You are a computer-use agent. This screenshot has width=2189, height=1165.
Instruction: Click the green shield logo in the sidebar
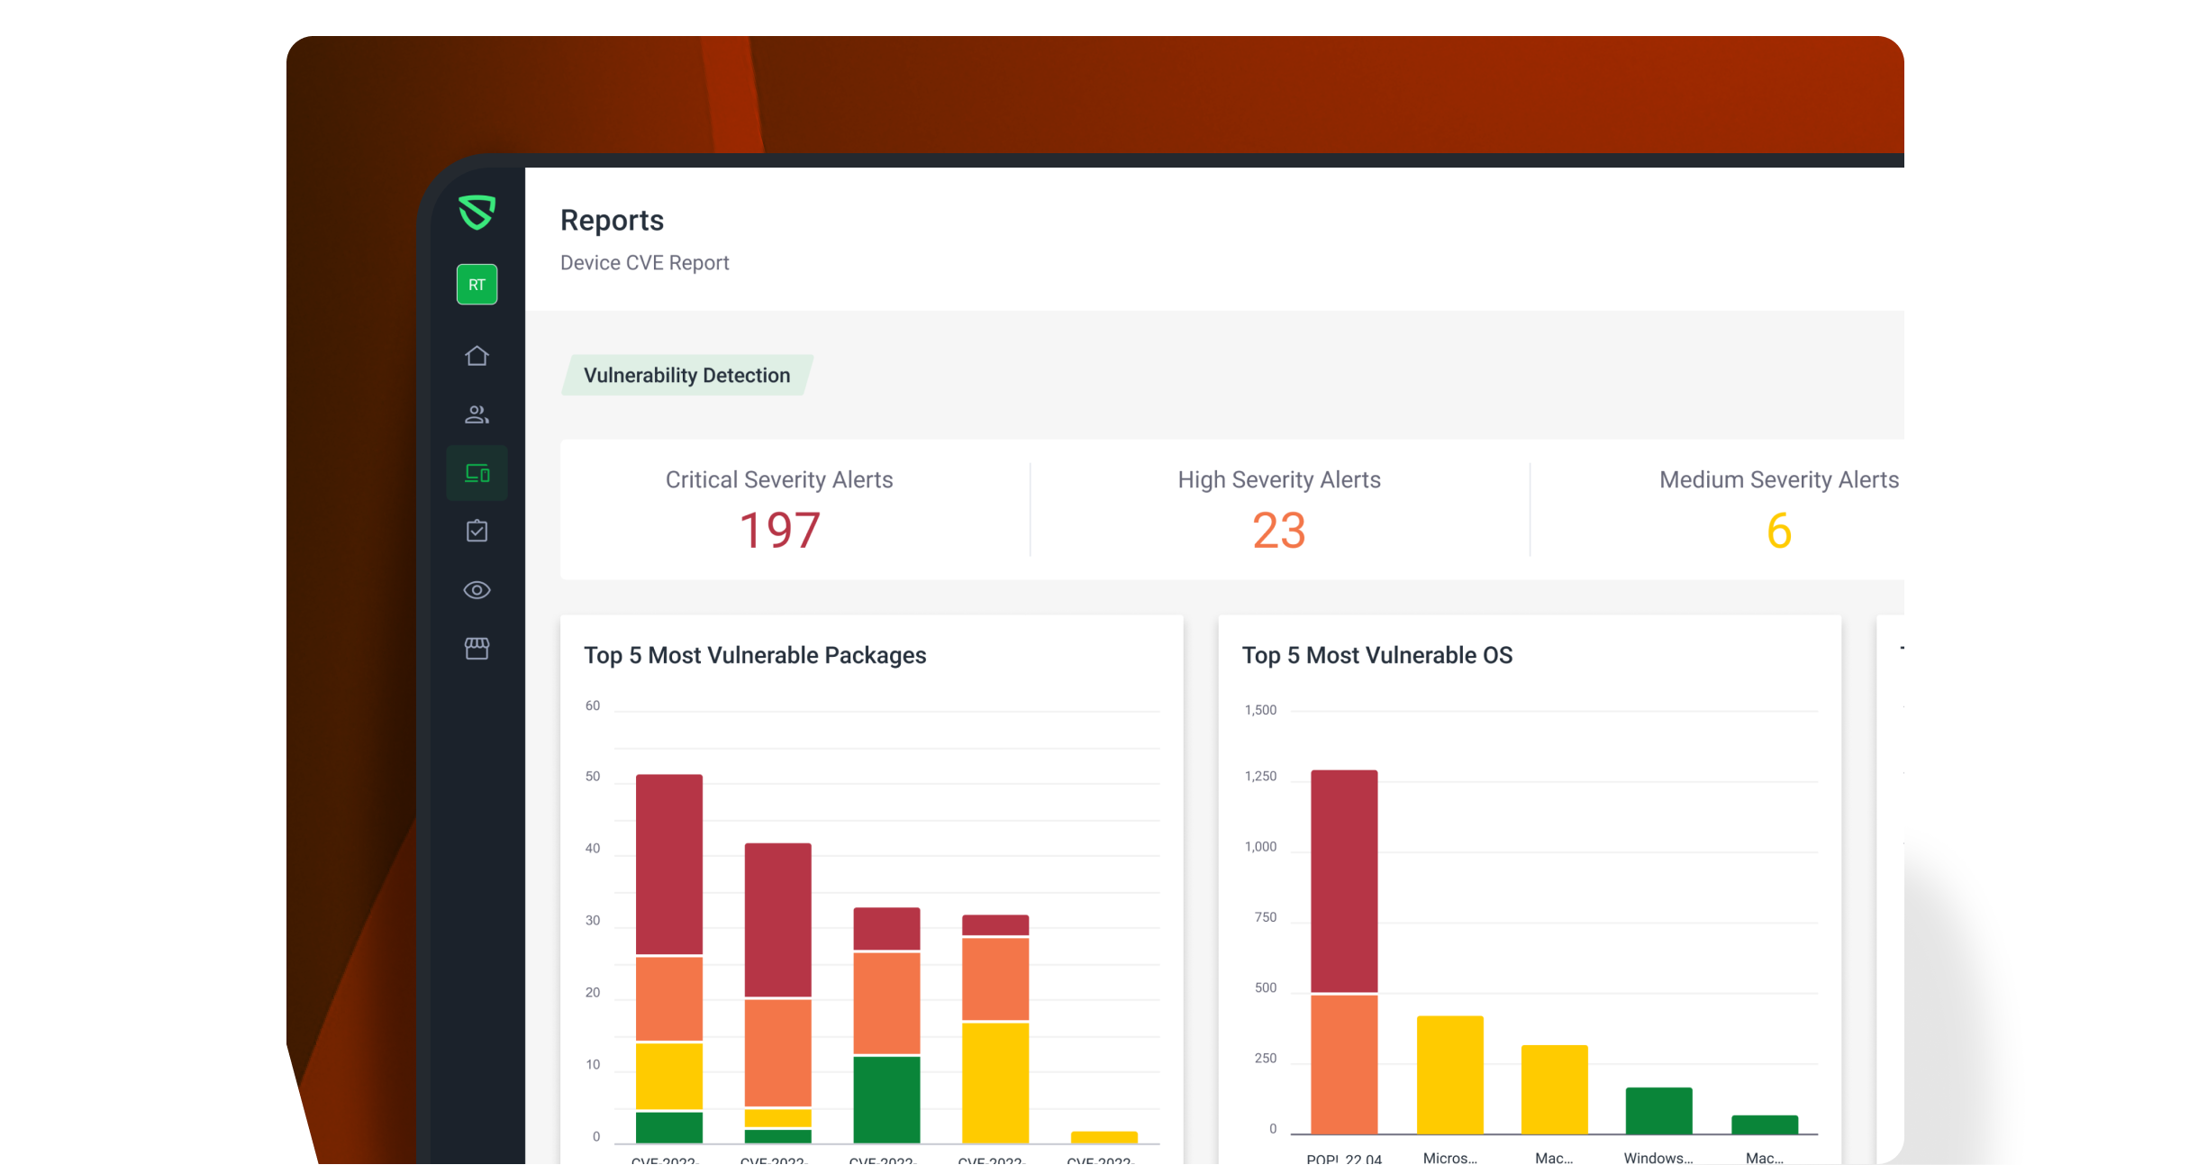[x=477, y=213]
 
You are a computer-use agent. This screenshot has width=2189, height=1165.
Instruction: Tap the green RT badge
[x=477, y=285]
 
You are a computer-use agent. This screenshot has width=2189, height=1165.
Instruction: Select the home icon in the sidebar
[x=477, y=356]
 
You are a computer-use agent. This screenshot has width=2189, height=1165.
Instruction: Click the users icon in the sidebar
[x=477, y=414]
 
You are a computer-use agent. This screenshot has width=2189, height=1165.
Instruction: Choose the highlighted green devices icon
[x=477, y=473]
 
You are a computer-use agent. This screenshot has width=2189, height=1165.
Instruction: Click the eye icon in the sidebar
[x=477, y=590]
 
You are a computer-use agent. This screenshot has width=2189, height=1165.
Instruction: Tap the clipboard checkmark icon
[x=477, y=531]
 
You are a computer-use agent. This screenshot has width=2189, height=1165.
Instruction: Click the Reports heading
[x=612, y=221]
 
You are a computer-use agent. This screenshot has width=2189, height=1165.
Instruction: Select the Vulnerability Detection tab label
[x=686, y=376]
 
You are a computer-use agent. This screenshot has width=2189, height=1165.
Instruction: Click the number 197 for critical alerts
[x=779, y=530]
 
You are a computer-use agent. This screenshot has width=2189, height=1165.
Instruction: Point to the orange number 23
[x=1278, y=530]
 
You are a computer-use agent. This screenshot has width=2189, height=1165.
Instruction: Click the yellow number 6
[x=1778, y=530]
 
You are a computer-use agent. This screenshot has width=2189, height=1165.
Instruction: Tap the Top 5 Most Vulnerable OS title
[x=1376, y=655]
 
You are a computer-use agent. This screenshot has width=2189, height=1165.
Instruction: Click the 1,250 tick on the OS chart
[x=1260, y=777]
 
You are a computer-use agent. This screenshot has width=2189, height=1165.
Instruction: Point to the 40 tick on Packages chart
[x=593, y=849]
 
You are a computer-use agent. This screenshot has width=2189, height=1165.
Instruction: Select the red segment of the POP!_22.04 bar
[x=1344, y=880]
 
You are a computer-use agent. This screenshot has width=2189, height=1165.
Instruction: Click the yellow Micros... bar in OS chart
[x=1449, y=1074]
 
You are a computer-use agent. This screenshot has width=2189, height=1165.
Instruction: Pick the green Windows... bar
[x=1658, y=1110]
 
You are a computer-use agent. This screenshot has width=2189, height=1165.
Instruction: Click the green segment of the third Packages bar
[x=886, y=1098]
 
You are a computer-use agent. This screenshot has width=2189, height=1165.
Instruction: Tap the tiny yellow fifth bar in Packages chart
[x=1104, y=1137]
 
